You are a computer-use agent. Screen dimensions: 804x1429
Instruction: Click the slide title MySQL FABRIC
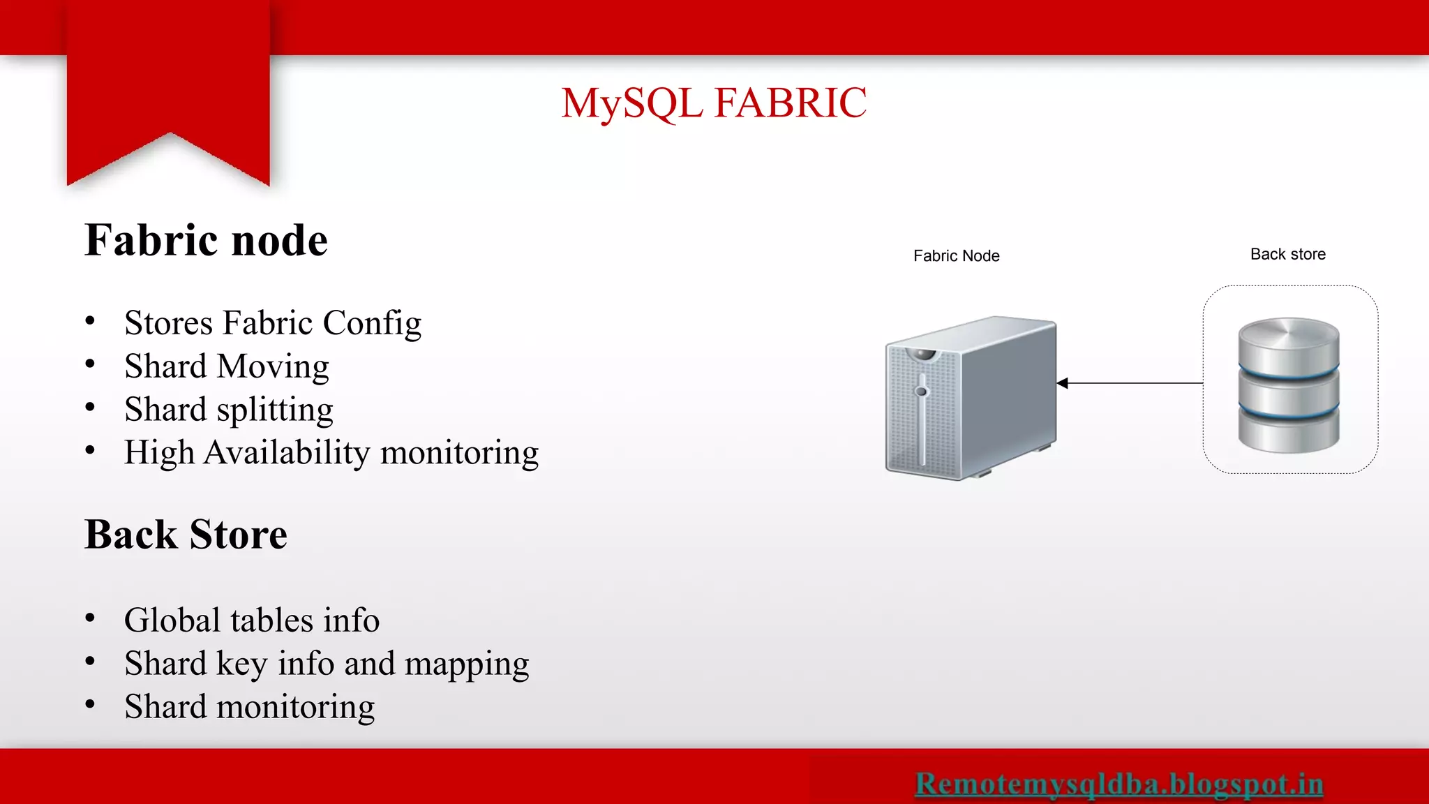[x=714, y=103]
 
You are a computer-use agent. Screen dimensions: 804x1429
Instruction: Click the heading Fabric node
[x=206, y=240]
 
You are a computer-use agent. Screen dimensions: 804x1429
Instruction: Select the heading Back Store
[x=186, y=535]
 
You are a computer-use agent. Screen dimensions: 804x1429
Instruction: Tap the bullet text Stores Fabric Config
[x=273, y=323]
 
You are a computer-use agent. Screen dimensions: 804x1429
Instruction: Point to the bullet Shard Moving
[x=226, y=366]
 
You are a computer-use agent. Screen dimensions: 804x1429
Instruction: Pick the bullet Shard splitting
[x=228, y=410]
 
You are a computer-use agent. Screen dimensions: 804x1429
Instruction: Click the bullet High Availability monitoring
[x=331, y=453]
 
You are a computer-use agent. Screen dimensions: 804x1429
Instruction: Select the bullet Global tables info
[x=251, y=620]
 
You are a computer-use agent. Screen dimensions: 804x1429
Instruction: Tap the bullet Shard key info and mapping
[x=326, y=664]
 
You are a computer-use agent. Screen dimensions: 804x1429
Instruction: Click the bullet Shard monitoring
[x=249, y=707]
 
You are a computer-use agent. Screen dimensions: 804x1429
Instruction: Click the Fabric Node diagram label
[x=956, y=256]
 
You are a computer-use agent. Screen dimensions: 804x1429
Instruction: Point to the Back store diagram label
[x=1287, y=255]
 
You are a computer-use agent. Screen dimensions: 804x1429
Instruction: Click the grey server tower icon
[x=971, y=398]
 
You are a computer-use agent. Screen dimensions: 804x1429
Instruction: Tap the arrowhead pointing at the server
[x=1063, y=383]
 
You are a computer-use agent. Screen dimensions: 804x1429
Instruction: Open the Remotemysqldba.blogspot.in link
[x=1118, y=784]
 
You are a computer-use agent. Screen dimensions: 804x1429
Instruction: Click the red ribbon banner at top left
[x=168, y=84]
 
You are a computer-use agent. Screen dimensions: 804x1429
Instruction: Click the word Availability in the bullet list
[x=287, y=453]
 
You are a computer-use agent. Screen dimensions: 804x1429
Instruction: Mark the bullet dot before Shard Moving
[x=90, y=364]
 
